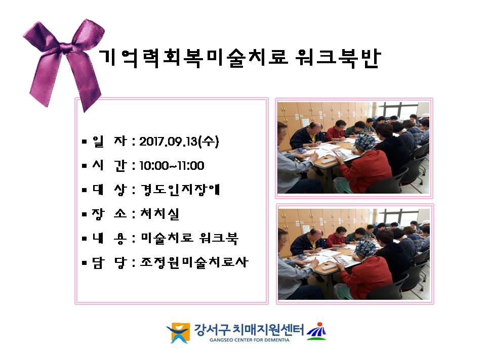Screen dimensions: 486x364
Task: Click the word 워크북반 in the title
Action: [338, 58]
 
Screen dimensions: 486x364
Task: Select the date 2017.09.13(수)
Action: [179, 142]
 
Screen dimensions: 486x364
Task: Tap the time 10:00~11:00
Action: [172, 166]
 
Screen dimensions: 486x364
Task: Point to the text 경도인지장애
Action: [180, 190]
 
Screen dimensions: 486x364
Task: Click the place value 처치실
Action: [160, 213]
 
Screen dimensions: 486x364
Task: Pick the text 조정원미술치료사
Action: [194, 262]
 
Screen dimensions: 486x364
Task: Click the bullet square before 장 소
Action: [85, 214]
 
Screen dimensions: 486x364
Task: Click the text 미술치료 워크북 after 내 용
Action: [189, 238]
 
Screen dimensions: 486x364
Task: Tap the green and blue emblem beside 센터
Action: [316, 331]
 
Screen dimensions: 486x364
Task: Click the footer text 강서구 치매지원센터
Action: [249, 330]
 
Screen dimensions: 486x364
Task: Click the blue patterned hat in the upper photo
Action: [365, 142]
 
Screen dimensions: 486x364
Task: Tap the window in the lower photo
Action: [400, 216]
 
